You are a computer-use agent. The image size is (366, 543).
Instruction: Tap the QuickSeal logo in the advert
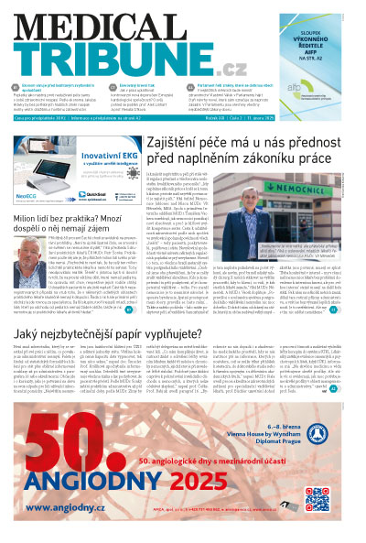pyautogui.click(x=112, y=194)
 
